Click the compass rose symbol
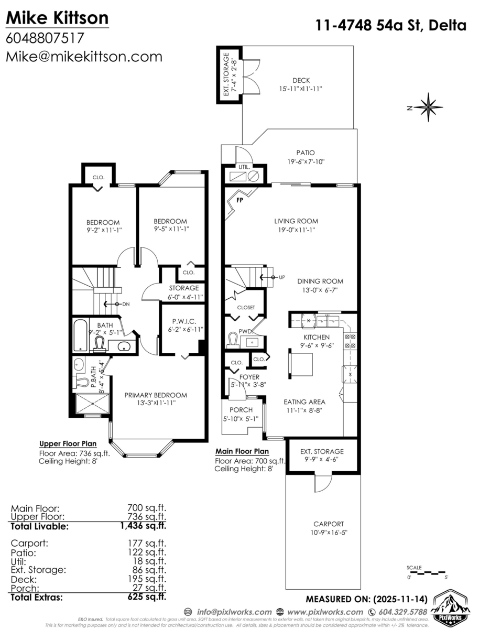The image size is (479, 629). pos(428,107)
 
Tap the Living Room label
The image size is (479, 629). pos(296,221)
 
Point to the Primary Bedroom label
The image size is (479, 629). pos(156,395)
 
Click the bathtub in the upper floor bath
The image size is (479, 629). pos(79,335)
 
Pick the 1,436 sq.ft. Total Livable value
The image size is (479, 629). pos(146,526)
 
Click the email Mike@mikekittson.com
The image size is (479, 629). pos(84,57)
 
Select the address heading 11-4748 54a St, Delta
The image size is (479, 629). pos(391,25)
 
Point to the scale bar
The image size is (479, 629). pos(426,571)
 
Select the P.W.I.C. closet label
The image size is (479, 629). pos(180,322)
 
